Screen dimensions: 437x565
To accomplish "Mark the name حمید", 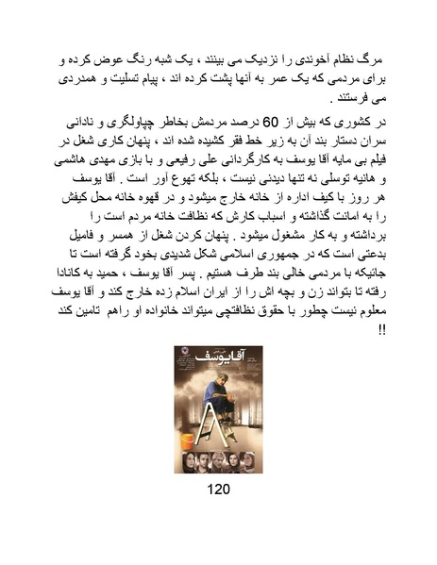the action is (x=118, y=296).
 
